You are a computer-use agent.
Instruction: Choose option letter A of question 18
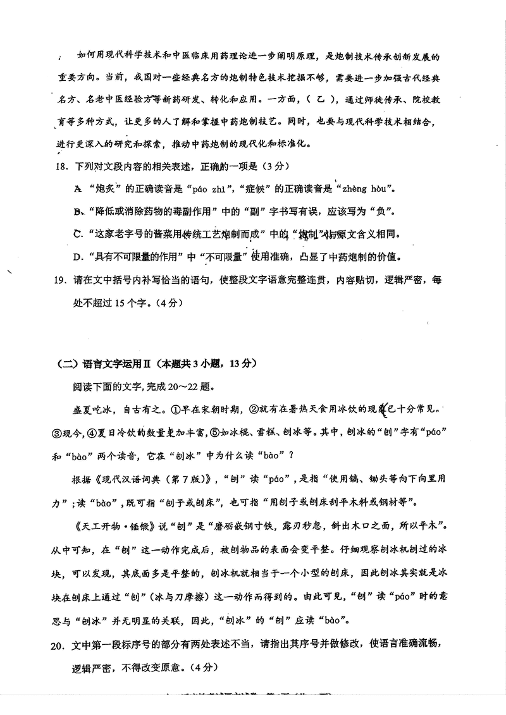pos(78,189)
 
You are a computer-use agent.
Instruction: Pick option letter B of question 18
pos(78,212)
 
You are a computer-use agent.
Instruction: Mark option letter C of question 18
pos(78,235)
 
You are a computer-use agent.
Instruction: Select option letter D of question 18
pos(78,257)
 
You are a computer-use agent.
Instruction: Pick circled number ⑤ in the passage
pos(215,432)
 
